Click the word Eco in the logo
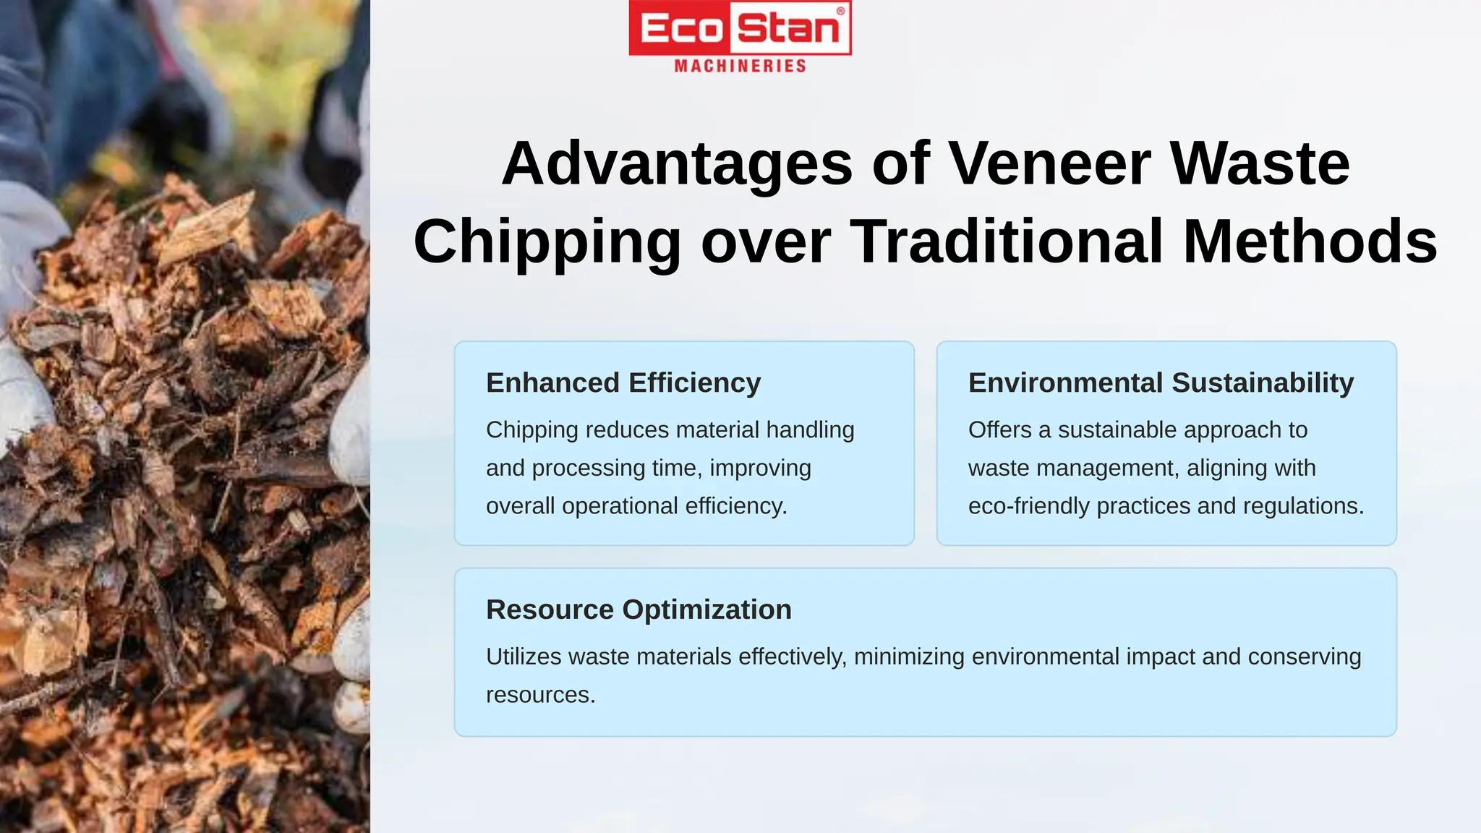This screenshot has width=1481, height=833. click(681, 29)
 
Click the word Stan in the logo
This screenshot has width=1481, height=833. click(788, 29)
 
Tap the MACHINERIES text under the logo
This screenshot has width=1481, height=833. click(740, 67)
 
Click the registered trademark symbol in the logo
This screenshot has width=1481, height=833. click(840, 11)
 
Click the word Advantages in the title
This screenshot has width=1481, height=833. click(677, 163)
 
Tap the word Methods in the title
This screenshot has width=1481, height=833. click(1310, 242)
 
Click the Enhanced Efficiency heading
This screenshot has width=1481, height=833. click(623, 383)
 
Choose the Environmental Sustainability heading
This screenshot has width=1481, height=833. click(1161, 383)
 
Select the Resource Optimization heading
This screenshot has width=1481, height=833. click(639, 610)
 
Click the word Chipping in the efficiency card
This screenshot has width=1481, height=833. click(532, 430)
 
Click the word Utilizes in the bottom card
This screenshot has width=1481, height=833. click(524, 657)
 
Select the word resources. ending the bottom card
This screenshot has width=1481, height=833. click(540, 695)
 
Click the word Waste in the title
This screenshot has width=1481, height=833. click(1259, 163)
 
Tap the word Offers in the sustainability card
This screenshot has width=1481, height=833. click(999, 430)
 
